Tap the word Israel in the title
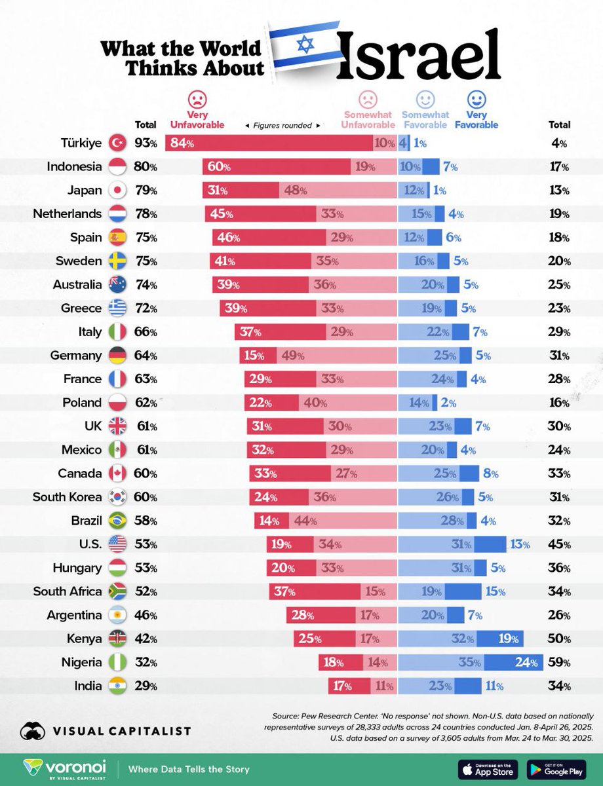(419, 55)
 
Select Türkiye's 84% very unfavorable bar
(269, 143)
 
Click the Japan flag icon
(116, 191)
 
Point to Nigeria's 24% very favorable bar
(513, 662)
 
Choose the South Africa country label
(68, 591)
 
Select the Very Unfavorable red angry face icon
(197, 100)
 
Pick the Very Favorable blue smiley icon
(477, 100)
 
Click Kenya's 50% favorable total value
(558, 639)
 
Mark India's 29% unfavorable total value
(146, 686)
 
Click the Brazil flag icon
(116, 521)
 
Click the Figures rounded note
(282, 125)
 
